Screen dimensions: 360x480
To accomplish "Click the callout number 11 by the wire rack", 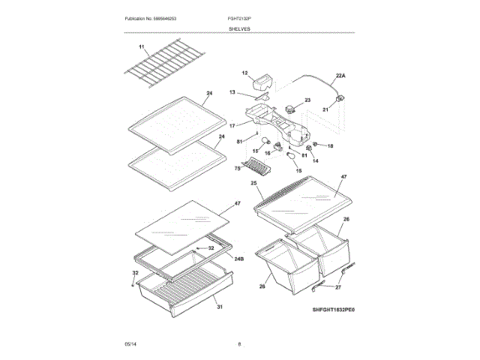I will tap(139, 47).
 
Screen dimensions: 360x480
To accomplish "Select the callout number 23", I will tap(307, 99).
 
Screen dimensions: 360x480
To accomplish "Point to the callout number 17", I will tap(232, 125).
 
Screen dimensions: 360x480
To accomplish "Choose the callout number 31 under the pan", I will tap(219, 305).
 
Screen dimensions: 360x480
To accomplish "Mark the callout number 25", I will tap(254, 182).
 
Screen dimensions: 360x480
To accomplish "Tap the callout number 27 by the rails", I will tap(337, 287).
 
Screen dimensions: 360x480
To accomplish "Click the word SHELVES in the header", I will tap(240, 28).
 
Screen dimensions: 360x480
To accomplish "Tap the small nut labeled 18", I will tap(316, 144).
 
